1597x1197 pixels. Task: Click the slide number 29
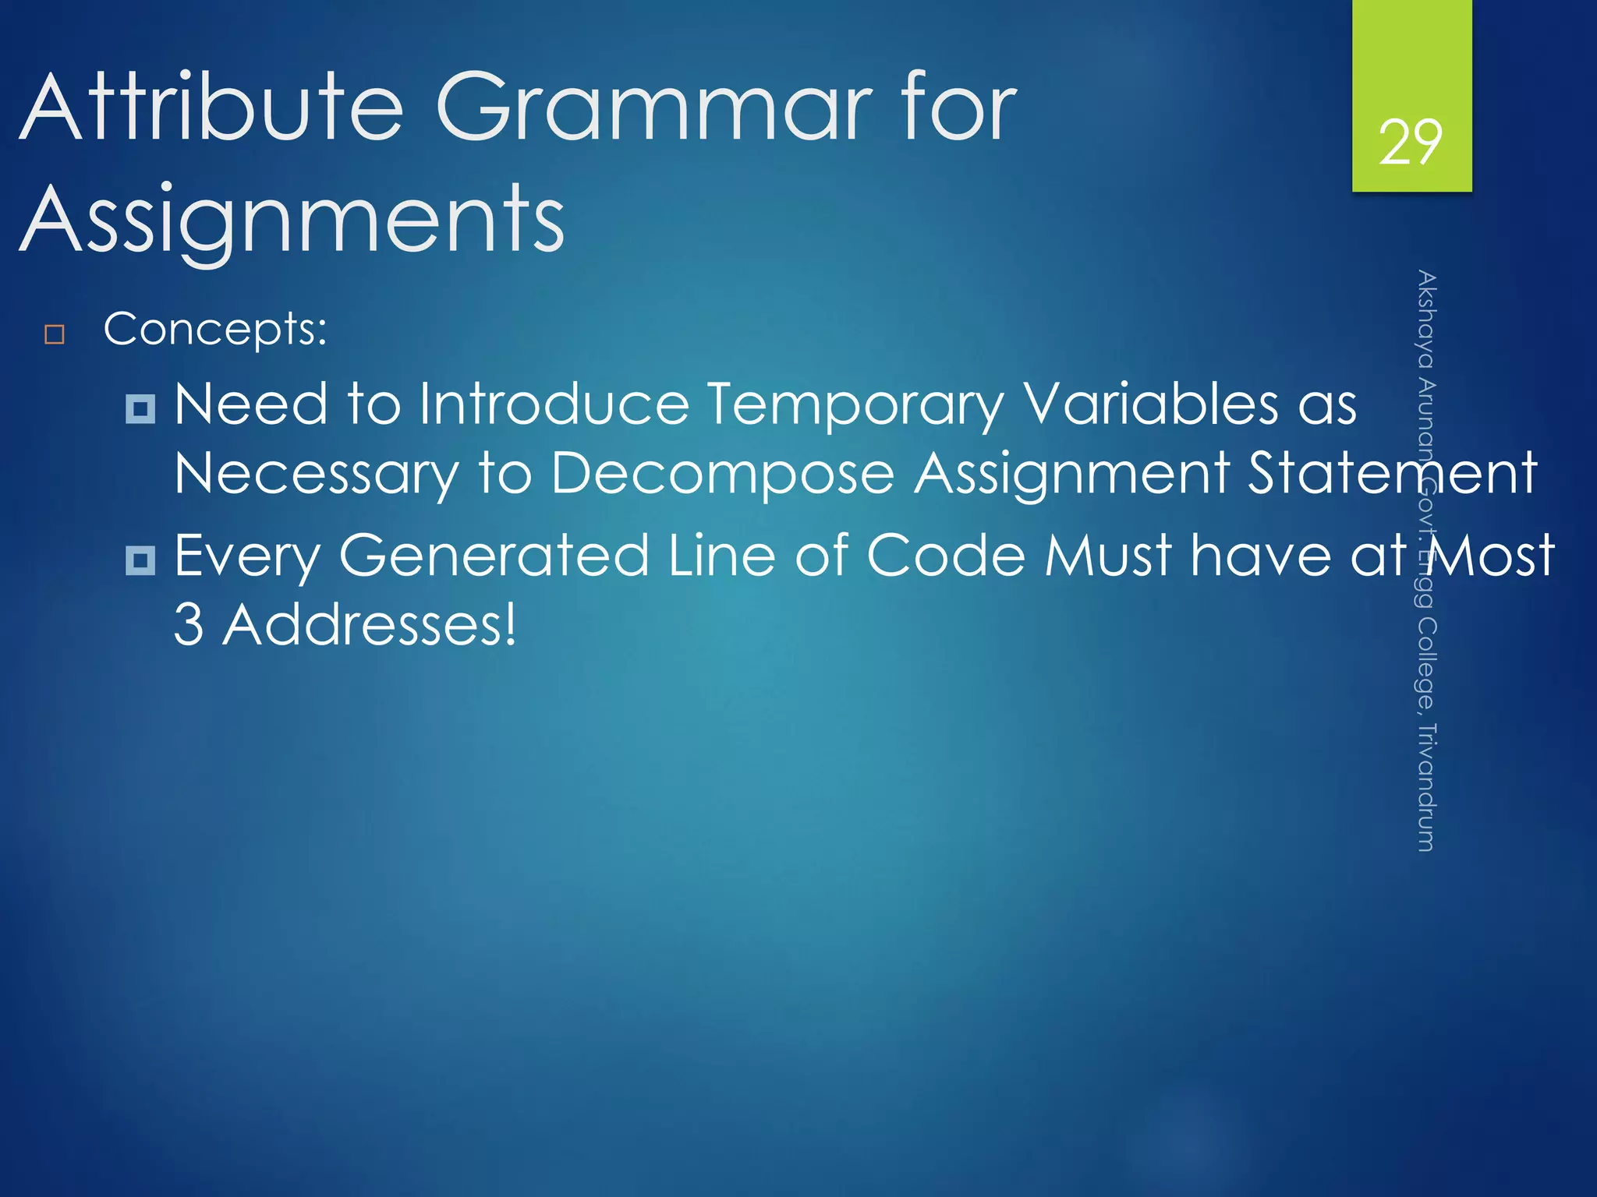pos(1410,143)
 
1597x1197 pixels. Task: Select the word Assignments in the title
pos(292,220)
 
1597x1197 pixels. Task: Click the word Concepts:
pos(215,329)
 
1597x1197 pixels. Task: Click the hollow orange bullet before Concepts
pos(55,335)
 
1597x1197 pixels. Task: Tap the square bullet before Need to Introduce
pos(140,408)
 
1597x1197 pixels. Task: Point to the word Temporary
pos(855,405)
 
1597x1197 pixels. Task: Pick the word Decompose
pos(723,473)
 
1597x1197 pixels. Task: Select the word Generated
pos(494,555)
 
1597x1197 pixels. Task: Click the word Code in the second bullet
pos(945,555)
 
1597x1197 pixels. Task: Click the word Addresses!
pos(369,624)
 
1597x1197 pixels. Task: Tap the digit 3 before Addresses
pos(188,624)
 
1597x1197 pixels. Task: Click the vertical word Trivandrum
pos(1425,787)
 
